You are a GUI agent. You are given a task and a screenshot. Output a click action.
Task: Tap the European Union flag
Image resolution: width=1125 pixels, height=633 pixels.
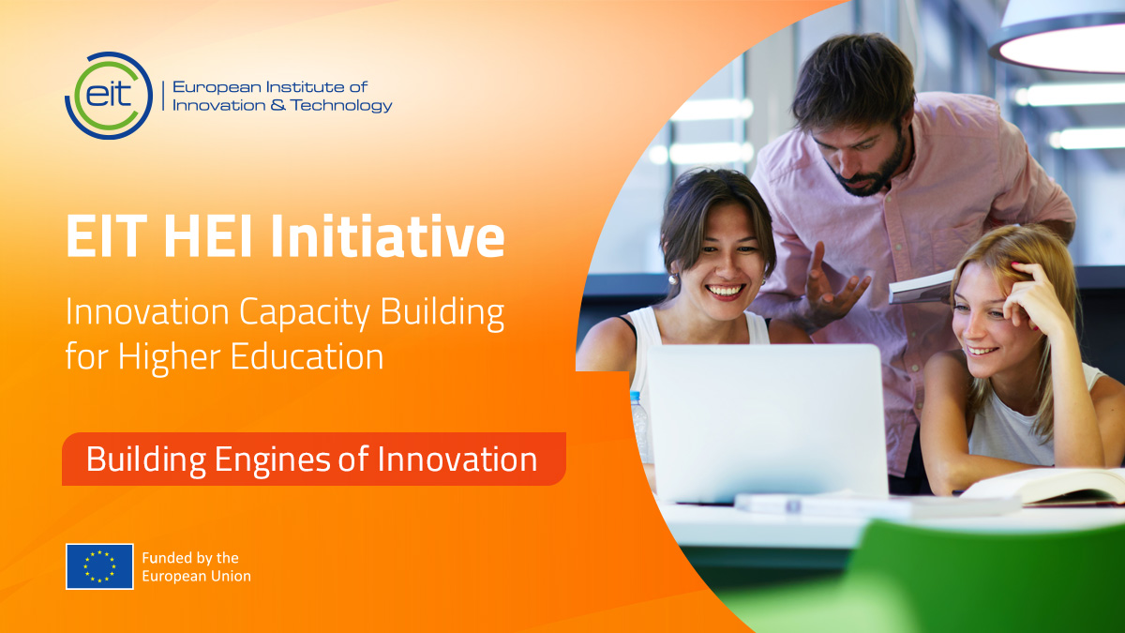click(x=99, y=566)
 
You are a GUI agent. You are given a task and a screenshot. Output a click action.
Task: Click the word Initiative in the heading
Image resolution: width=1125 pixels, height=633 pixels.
click(x=387, y=236)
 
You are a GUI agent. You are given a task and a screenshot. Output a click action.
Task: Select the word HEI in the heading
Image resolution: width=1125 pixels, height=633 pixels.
click(x=207, y=236)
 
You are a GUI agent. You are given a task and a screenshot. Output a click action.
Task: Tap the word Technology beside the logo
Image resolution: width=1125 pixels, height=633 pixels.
click(x=341, y=105)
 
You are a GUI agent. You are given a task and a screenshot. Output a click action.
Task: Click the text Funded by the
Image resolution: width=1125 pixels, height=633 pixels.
click(x=190, y=558)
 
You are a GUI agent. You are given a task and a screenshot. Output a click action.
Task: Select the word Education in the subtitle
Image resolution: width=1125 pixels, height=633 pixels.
click(x=307, y=356)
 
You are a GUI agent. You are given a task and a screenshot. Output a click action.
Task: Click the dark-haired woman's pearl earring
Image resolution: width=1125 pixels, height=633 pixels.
click(x=673, y=279)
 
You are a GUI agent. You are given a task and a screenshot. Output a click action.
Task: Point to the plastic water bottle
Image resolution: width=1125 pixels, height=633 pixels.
click(x=639, y=427)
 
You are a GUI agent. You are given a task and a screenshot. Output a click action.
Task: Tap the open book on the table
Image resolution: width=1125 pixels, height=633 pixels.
click(x=1044, y=487)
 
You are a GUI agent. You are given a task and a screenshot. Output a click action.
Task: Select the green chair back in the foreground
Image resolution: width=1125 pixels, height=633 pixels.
click(x=984, y=578)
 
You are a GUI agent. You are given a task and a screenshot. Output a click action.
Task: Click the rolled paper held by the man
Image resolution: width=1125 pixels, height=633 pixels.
click(x=922, y=287)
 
